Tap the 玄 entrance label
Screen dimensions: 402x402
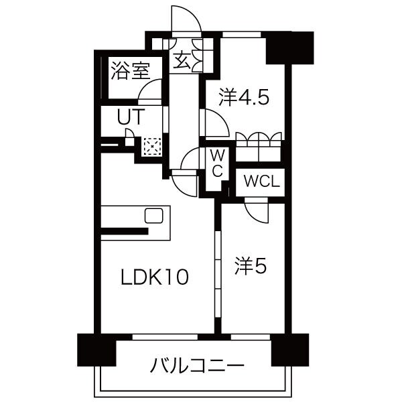(183, 60)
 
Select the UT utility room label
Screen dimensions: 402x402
(130, 116)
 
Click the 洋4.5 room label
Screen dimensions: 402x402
(245, 98)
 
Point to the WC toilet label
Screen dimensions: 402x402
(217, 163)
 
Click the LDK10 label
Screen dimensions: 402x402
(155, 275)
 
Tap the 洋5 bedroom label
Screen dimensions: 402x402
(251, 267)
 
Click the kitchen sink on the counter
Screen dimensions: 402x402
(155, 216)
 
